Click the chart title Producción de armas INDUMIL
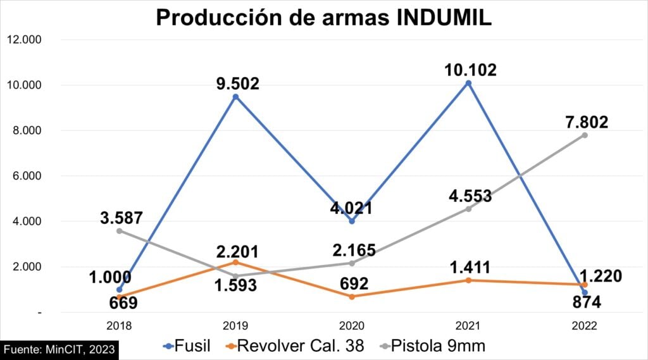[x=323, y=17]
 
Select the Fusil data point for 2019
[x=235, y=97]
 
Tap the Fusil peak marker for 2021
[x=468, y=83]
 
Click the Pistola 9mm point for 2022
[x=585, y=135]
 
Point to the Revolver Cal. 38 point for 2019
[x=235, y=262]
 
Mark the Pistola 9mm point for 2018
[x=119, y=231]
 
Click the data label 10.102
[x=470, y=69]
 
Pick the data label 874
[x=583, y=302]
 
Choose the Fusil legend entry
[x=187, y=346]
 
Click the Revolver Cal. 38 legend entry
[x=297, y=346]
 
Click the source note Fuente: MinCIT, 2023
[x=59, y=349]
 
